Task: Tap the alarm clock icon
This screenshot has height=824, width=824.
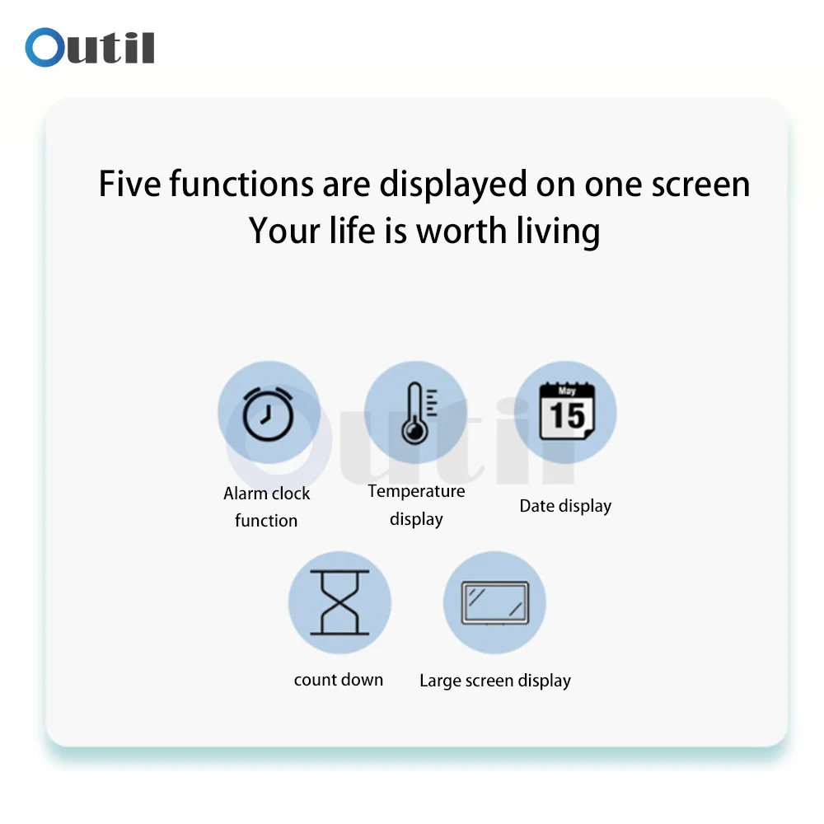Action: tap(268, 414)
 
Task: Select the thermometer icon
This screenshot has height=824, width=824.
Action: tap(419, 413)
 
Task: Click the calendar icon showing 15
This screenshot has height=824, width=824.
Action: tap(567, 410)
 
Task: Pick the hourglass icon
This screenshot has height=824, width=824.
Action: tap(339, 602)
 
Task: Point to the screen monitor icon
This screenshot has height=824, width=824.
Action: tap(495, 603)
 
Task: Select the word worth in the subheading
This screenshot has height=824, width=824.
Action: tap(461, 231)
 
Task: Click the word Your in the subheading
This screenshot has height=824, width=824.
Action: tap(283, 231)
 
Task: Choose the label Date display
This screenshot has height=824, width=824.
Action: tap(565, 506)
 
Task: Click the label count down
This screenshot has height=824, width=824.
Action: tap(339, 680)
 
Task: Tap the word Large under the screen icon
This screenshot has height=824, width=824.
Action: tap(440, 681)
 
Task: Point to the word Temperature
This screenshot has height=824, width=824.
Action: tap(416, 491)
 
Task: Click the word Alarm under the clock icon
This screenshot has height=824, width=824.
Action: tap(246, 494)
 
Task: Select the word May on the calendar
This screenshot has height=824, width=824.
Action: tap(567, 391)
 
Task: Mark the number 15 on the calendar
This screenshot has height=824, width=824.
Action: tap(567, 415)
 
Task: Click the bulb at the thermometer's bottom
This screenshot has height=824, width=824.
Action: tap(415, 432)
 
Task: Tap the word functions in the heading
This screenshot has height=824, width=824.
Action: tap(241, 184)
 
